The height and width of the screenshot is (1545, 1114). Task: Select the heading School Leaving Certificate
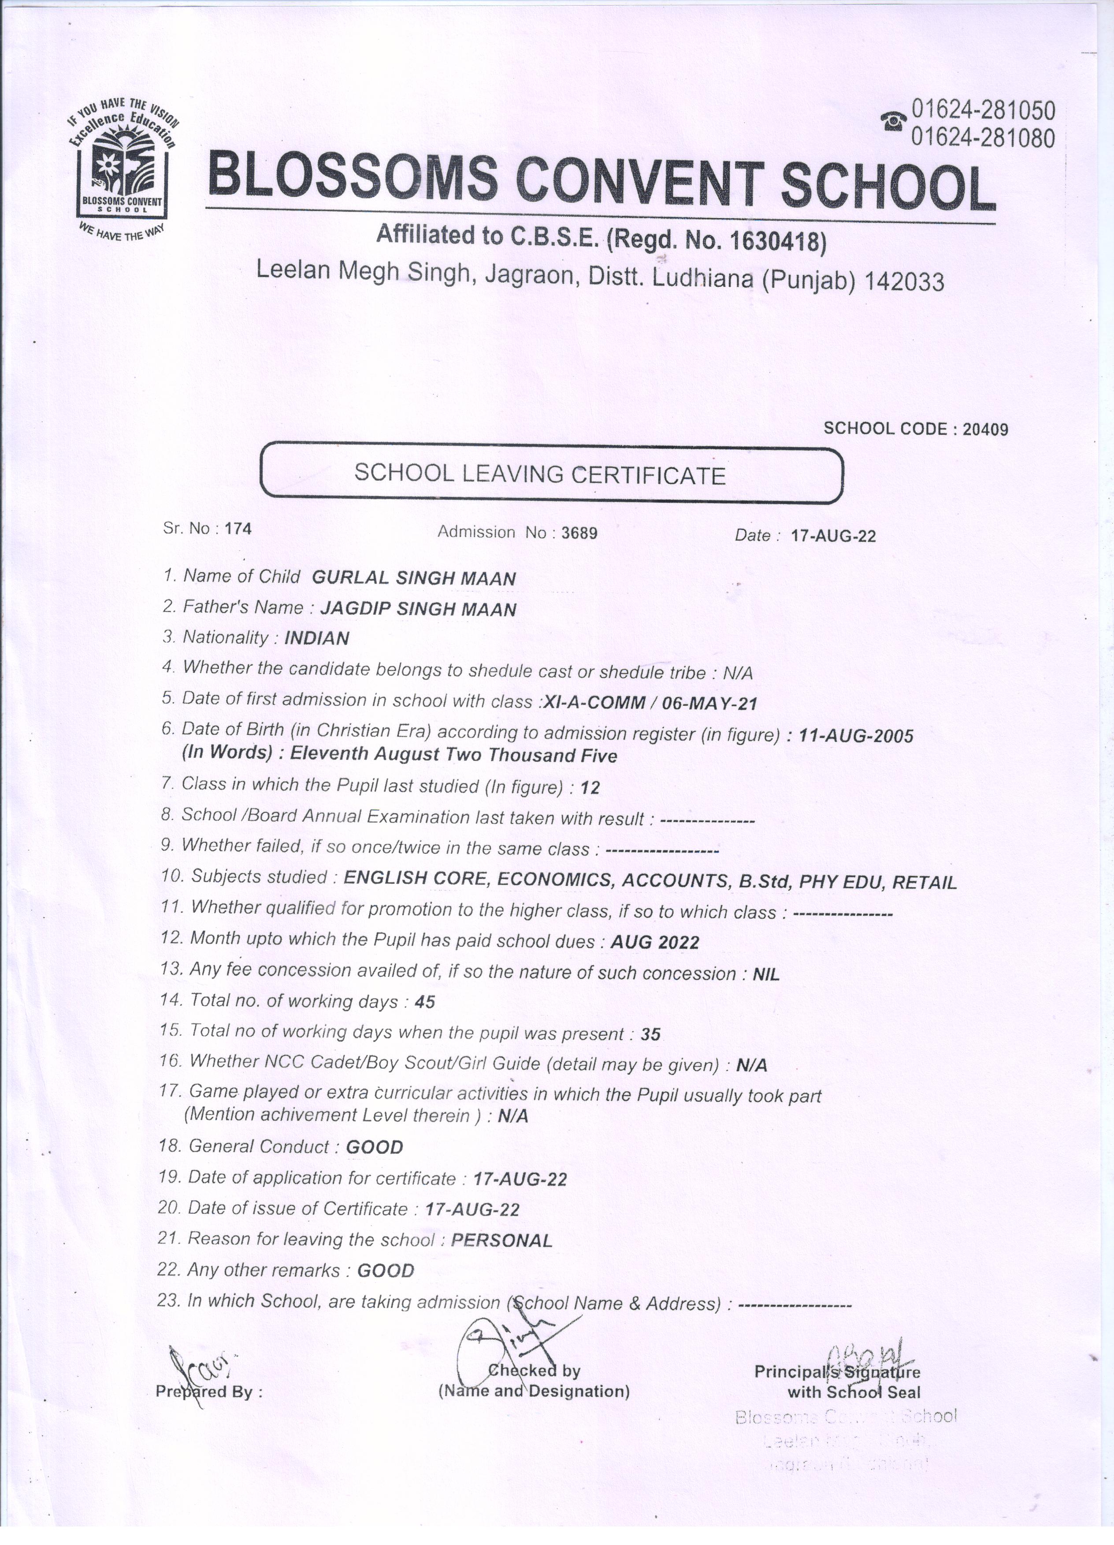click(540, 474)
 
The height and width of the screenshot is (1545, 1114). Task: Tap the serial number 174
click(238, 529)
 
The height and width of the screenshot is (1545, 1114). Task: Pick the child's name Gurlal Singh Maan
click(414, 578)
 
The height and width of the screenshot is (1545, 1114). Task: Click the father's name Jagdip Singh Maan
click(418, 609)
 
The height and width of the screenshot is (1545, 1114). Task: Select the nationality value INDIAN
click(317, 638)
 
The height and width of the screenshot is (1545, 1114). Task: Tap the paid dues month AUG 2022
click(655, 942)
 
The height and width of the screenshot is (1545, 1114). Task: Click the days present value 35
click(651, 1034)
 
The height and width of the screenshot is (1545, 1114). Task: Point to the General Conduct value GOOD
click(375, 1147)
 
